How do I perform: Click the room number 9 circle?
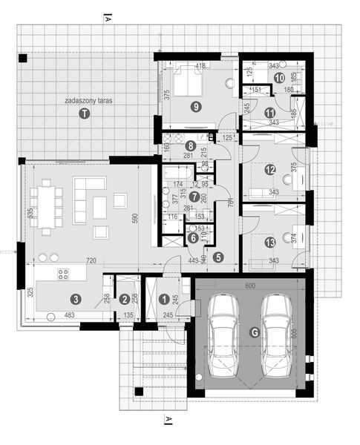[195, 107]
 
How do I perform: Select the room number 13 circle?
[269, 242]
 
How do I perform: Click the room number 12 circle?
[269, 170]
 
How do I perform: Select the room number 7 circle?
[194, 197]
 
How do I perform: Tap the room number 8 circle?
[191, 146]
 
